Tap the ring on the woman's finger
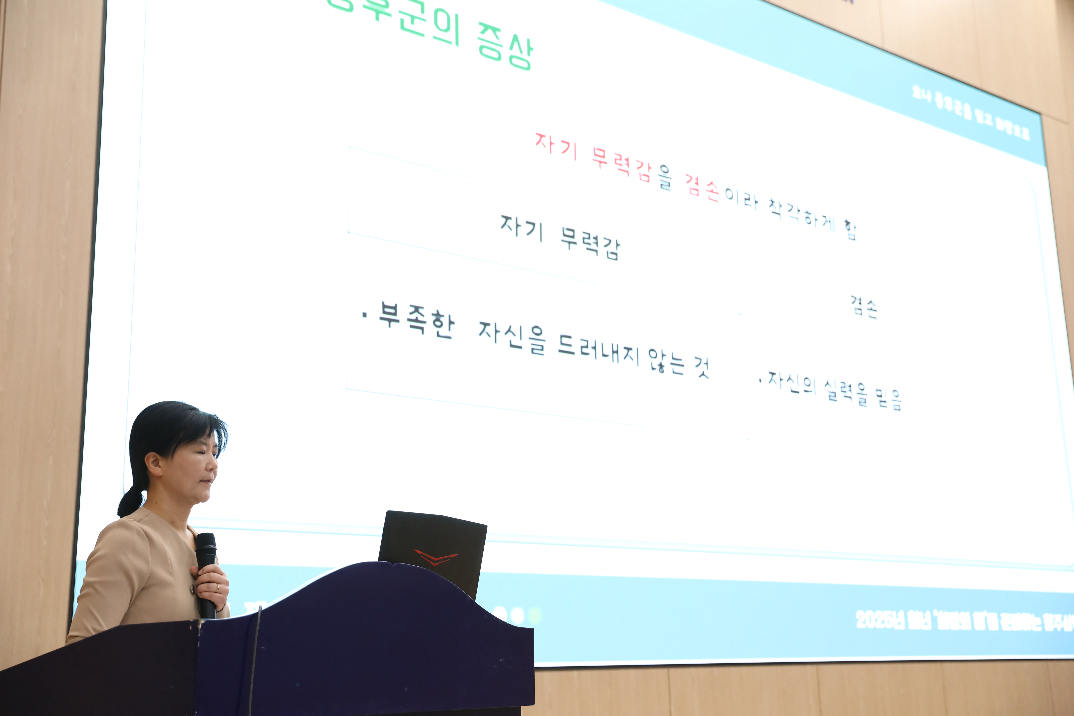pos(217,588)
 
